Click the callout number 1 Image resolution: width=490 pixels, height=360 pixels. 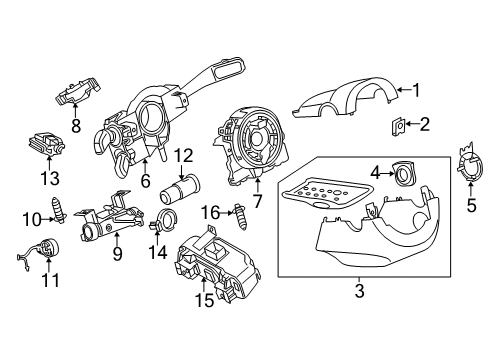pos(416,90)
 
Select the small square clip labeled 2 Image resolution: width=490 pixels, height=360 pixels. pos(398,126)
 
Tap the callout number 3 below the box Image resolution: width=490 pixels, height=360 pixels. pos(359,290)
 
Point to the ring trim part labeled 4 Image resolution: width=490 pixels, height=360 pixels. pos(405,173)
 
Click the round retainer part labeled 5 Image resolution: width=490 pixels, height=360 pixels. pos(470,162)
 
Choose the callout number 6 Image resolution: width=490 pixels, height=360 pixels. pos(145,181)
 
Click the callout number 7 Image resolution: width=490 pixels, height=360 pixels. pos(257,201)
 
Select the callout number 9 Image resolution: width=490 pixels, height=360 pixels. pos(117,253)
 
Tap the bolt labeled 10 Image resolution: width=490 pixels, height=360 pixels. pos(59,211)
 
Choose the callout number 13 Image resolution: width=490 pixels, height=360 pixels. pos(50,178)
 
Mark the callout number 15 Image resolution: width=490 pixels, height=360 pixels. pos(204,300)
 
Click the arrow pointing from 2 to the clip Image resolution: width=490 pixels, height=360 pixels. pos(412,124)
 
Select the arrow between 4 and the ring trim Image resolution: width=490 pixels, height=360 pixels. pos(387,173)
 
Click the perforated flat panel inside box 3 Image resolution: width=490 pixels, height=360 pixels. pos(326,193)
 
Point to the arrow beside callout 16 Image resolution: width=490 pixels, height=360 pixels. pos(228,212)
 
